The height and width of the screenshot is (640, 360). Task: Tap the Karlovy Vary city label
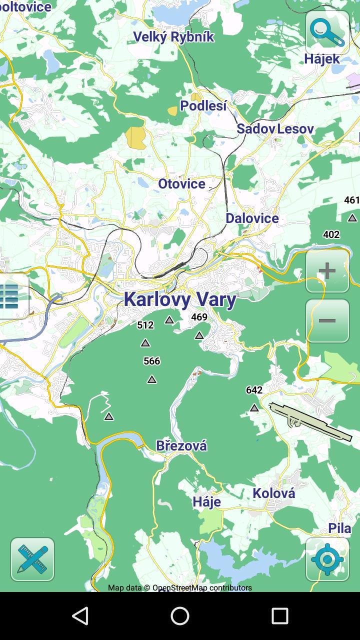click(x=180, y=299)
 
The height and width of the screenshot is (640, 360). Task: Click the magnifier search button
click(x=327, y=32)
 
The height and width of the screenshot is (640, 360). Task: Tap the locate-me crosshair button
click(x=327, y=559)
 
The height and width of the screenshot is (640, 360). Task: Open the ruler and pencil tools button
click(x=32, y=559)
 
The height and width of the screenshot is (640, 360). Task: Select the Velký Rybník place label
click(x=173, y=37)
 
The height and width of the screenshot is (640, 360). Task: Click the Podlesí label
click(x=203, y=106)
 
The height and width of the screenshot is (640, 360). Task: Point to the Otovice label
click(x=181, y=184)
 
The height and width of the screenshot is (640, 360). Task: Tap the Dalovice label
click(x=252, y=218)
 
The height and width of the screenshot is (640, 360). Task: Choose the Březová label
click(x=181, y=445)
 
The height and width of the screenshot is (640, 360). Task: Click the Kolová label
click(x=273, y=493)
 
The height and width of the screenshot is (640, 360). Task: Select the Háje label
click(x=206, y=501)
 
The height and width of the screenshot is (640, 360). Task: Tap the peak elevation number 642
click(x=254, y=390)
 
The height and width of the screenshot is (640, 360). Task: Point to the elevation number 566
click(x=151, y=361)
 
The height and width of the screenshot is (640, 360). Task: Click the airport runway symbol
click(x=310, y=421)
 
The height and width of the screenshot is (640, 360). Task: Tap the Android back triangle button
click(x=80, y=616)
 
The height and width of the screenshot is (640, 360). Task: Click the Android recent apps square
click(x=280, y=616)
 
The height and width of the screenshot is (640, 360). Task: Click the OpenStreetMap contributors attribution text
click(x=180, y=588)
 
